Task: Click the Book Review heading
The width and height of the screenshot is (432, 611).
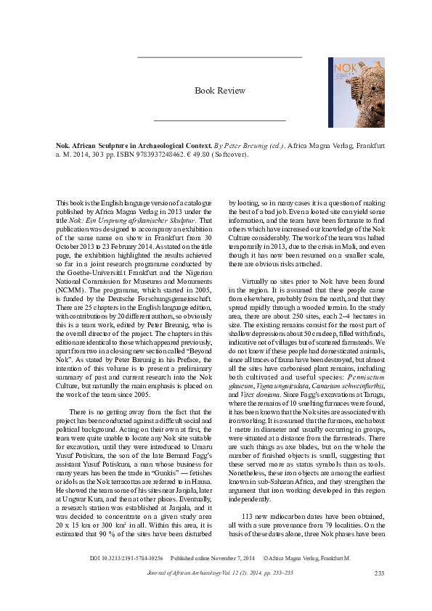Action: [220, 91]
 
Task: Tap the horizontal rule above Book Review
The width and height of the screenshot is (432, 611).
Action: [219, 57]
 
